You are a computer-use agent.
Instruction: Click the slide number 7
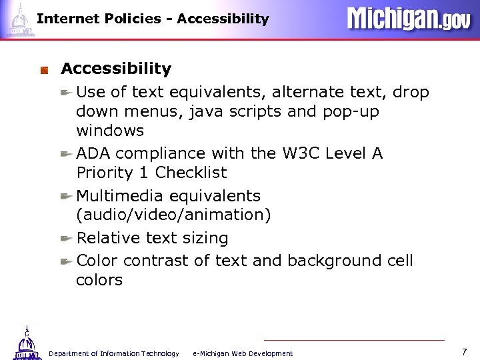464,351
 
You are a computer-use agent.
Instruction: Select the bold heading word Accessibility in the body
116,69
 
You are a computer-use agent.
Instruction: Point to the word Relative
108,238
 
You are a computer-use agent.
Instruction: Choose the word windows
109,130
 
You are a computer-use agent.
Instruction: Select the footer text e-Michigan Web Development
242,353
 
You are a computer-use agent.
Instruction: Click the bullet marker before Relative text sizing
67,238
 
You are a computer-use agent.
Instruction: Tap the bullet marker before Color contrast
67,260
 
